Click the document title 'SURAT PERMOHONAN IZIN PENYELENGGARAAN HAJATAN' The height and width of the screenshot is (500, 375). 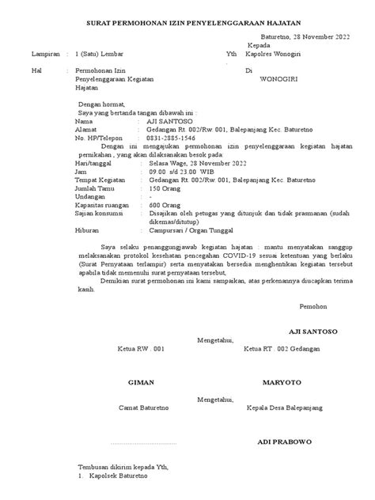[x=188, y=25]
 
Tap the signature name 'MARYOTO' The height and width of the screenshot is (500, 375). [x=282, y=381]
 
